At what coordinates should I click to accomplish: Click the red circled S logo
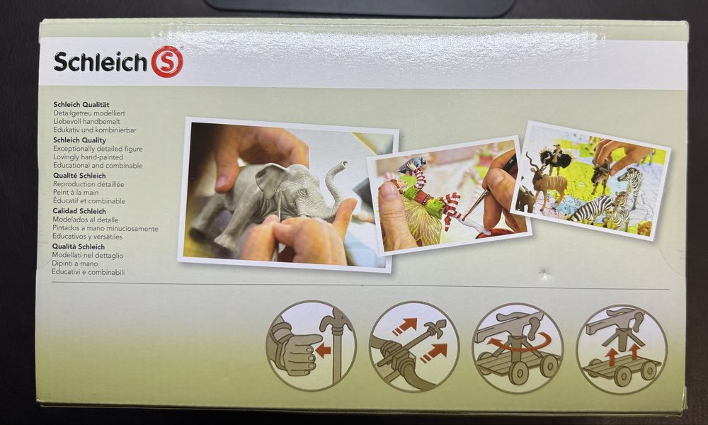[167, 62]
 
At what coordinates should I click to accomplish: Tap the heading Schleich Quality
[79, 140]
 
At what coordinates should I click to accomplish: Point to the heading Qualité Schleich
[79, 176]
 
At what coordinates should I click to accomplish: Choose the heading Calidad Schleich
[79, 211]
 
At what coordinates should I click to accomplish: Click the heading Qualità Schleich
[79, 246]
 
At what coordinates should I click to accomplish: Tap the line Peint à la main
[80, 193]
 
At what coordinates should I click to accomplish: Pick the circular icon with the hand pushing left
[311, 346]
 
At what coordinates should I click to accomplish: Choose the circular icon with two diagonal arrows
[414, 346]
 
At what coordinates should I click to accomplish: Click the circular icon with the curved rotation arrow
[517, 348]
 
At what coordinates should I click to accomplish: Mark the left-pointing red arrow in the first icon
[324, 350]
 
